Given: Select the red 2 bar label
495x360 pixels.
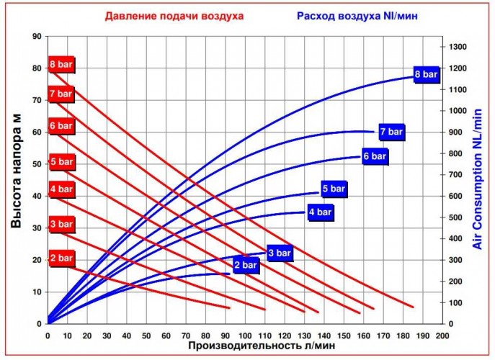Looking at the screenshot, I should point(61,258).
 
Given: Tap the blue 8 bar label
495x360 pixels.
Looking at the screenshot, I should point(426,74).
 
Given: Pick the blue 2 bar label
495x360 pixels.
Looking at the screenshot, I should point(245,266).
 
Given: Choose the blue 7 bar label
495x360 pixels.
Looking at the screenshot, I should point(391,132).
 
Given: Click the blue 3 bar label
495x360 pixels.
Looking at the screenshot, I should point(280,253).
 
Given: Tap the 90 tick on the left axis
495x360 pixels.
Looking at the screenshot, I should point(36,35).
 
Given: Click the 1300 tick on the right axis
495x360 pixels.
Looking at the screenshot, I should point(459,47).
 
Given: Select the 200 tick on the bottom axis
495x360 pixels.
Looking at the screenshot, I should point(442,336).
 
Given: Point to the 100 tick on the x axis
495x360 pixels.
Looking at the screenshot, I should point(245,336).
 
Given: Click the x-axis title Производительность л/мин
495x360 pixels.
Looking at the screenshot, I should point(262,346).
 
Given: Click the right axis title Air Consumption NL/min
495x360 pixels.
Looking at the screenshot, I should point(478,180).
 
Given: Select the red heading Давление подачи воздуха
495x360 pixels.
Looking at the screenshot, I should point(174,15).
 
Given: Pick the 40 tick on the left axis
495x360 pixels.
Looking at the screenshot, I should point(36,195).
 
